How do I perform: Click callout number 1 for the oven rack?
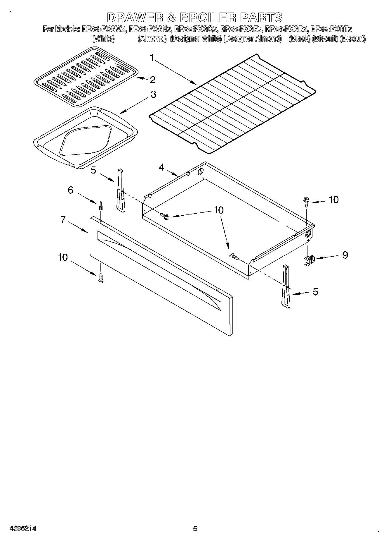pos(152,58)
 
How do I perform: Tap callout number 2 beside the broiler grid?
pos(152,80)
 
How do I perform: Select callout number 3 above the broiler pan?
pos(153,95)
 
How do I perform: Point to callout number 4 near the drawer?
pos(161,167)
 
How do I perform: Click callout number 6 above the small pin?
pos(70,190)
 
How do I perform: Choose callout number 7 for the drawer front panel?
pos(63,219)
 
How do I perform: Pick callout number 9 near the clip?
pos(345,255)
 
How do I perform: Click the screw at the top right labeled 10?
pos(305,201)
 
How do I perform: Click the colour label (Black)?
pos(299,39)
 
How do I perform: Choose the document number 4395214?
pos(23,528)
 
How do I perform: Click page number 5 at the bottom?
pos(195,528)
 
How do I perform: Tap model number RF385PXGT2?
pos(331,29)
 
